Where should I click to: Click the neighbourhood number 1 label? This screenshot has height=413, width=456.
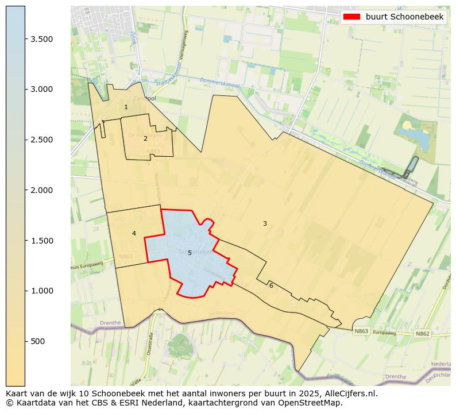126,107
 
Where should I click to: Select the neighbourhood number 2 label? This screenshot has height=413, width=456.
145,138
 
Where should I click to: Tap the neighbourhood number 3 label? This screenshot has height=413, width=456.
265,223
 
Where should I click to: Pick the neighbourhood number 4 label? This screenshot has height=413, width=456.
134,233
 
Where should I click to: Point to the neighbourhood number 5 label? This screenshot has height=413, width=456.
190,253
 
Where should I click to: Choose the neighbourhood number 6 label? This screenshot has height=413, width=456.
271,285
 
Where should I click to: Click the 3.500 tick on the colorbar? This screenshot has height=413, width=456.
41,39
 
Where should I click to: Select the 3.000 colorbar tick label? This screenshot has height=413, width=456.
41,89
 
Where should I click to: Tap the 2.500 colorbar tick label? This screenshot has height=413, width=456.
41,140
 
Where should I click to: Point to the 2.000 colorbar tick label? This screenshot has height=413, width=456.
41,190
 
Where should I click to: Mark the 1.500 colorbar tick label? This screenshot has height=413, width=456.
41,240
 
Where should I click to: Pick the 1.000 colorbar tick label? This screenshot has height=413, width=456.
41,291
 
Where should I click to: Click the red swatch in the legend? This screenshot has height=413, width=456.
351,17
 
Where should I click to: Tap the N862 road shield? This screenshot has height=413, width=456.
423,333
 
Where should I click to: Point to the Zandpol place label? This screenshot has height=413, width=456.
144,98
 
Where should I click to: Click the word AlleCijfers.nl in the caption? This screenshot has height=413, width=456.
348,394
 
